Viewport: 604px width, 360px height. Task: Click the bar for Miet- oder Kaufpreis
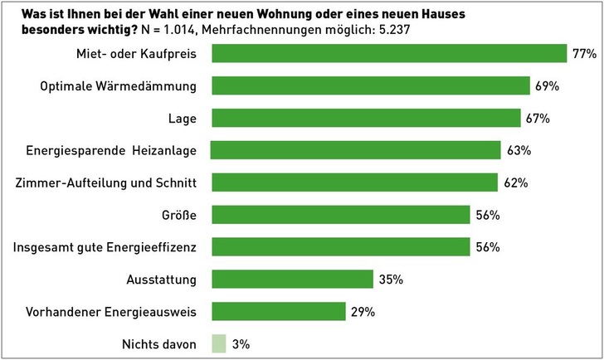[x=388, y=53]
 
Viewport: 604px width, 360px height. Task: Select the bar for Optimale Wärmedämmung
[x=371, y=85]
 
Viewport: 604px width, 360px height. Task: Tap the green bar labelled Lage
[x=366, y=118]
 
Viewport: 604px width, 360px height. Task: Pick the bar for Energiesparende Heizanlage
[x=355, y=150]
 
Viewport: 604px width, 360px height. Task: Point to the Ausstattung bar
[x=292, y=279]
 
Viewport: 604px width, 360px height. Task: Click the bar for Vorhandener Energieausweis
[x=279, y=311]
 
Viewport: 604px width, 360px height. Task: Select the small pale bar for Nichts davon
[x=218, y=343]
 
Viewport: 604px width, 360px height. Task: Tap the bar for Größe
[x=340, y=215]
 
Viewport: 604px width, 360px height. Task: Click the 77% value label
[x=584, y=54]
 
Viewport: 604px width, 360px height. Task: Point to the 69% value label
[x=548, y=86]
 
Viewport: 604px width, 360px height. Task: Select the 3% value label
[x=241, y=343]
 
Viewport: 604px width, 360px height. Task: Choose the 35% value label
[x=390, y=280]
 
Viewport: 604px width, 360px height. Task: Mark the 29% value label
[x=363, y=312]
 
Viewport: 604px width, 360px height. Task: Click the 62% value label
[x=515, y=182]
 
